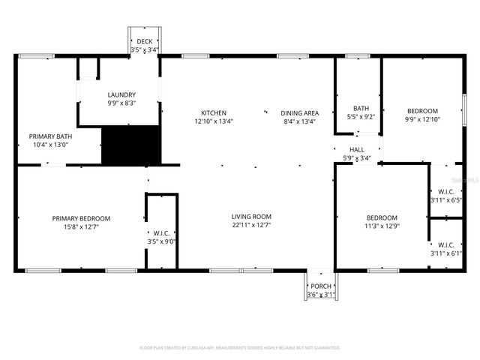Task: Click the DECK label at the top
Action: click(x=144, y=42)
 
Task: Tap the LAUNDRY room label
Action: click(x=121, y=95)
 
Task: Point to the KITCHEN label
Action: click(x=214, y=113)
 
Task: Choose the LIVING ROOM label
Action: click(x=251, y=217)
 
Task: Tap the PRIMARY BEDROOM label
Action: click(x=81, y=218)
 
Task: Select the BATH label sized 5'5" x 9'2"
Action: click(x=361, y=108)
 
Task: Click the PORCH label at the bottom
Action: click(x=321, y=286)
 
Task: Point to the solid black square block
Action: click(x=131, y=145)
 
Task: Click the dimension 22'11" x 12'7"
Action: click(x=251, y=225)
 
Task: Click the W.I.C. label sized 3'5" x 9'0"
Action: click(x=161, y=232)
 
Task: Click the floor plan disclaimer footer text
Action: click(x=240, y=348)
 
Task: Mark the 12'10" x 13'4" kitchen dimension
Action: click(x=214, y=121)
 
